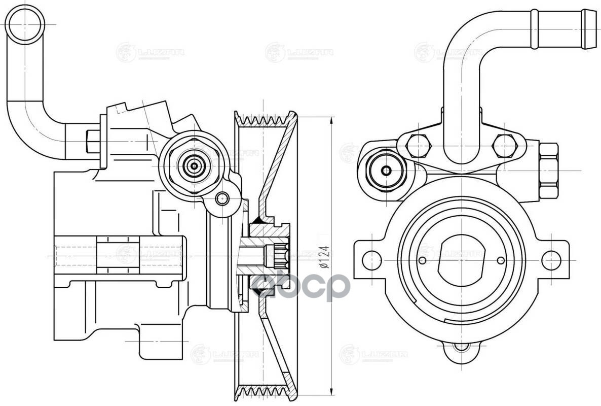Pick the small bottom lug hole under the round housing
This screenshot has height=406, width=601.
coord(461,347)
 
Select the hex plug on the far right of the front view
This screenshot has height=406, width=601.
coord(548,170)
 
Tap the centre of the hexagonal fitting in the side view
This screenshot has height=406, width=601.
coord(194,165)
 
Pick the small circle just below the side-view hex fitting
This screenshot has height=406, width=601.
coord(222,198)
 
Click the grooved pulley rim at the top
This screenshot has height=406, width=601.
coord(266,121)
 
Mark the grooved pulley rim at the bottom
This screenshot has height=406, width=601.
coord(266,391)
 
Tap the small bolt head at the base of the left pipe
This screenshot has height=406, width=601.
coord(93,141)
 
